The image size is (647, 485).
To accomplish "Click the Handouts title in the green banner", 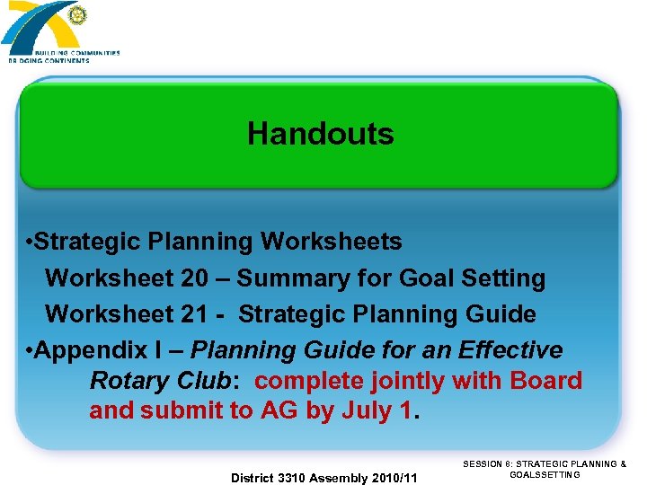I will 320,134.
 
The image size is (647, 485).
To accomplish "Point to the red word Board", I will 545,381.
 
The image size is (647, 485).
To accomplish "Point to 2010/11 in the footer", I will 396,478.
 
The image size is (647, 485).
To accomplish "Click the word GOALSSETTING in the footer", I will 545,474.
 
